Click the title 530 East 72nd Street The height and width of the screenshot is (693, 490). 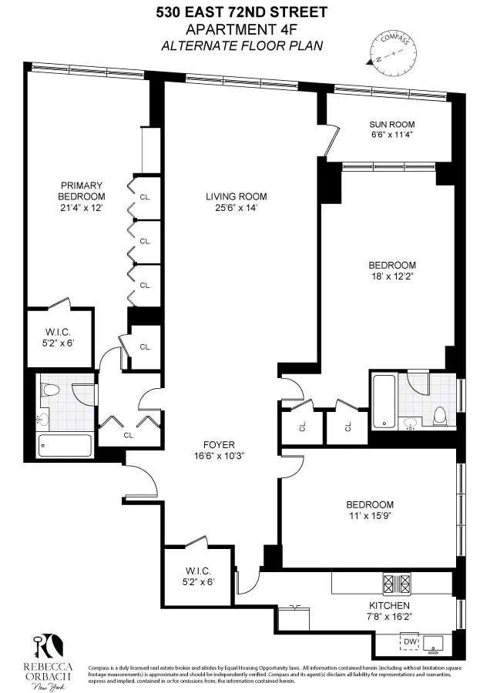[x=240, y=12]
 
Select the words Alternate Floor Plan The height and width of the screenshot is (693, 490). [x=240, y=45]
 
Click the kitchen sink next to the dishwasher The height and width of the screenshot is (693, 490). [x=438, y=641]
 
